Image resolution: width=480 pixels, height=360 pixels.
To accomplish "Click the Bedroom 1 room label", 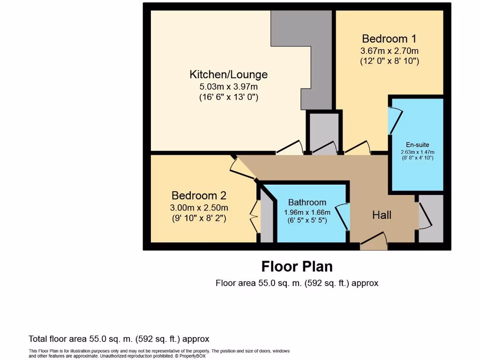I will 389,38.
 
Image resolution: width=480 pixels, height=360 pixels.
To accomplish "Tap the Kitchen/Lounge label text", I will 228,75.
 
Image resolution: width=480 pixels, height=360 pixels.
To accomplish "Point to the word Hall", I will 382,215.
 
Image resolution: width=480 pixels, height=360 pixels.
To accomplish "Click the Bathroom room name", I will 307,202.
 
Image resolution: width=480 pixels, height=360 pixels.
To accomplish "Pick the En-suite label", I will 417,145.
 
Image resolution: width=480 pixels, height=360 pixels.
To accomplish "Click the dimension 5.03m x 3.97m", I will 229,87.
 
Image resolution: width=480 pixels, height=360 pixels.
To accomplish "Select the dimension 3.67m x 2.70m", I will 389,51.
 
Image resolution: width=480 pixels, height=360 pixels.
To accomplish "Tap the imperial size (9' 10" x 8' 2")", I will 199,218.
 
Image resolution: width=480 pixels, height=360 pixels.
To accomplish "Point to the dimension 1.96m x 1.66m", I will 307,212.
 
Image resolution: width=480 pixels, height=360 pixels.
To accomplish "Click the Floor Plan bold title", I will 297,267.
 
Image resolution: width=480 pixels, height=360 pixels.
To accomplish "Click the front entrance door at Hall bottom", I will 374,240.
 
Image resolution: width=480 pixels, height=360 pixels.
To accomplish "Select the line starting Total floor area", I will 119,339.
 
